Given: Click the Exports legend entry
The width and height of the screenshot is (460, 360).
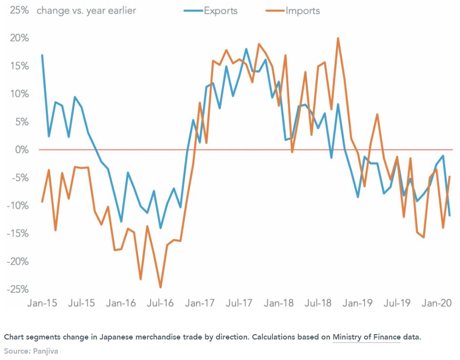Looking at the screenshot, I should [x=213, y=10].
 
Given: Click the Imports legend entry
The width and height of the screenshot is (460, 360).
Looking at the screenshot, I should [x=295, y=10].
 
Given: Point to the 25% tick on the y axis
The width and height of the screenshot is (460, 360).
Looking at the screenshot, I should [x=19, y=10].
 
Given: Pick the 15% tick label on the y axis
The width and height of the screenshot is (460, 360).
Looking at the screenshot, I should [x=19, y=66].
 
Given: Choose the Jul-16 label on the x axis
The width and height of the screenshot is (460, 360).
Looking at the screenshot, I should [x=160, y=303].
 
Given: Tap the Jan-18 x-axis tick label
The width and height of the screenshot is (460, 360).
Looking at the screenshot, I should [x=279, y=303].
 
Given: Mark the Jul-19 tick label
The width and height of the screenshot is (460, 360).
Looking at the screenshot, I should [x=397, y=303].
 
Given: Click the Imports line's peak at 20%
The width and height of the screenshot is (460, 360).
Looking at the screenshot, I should [x=338, y=38].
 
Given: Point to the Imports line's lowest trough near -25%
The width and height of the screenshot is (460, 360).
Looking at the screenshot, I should [x=160, y=287].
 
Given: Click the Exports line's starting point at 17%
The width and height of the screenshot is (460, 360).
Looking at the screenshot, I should [x=42, y=55].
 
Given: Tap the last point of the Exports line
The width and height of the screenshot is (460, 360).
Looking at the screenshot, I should [x=449, y=215].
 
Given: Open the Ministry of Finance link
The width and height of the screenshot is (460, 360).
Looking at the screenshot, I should [x=366, y=337].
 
